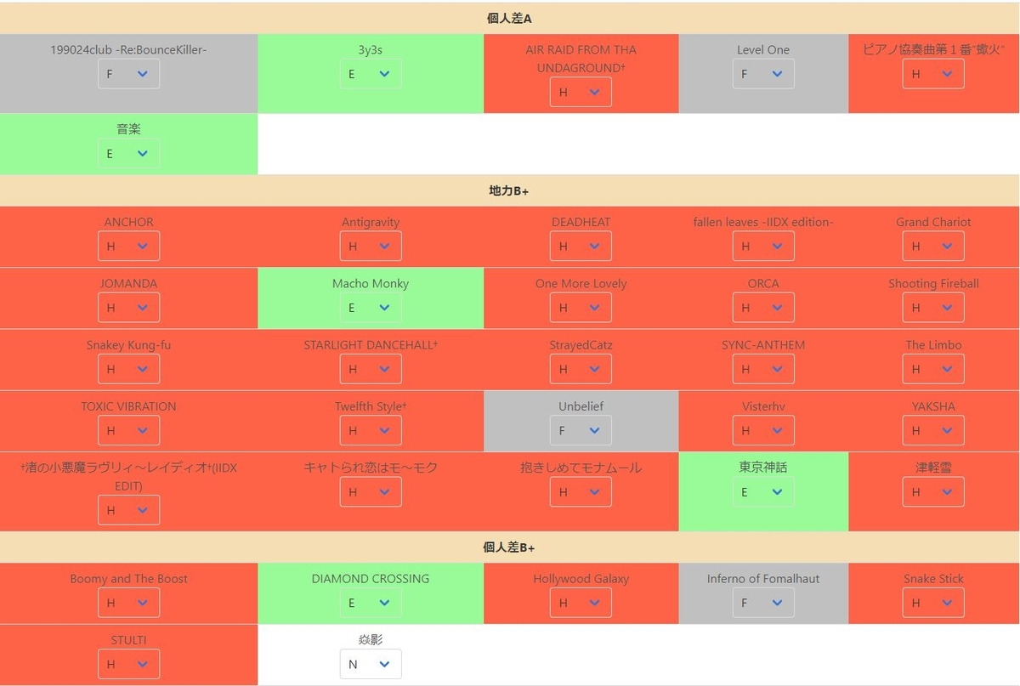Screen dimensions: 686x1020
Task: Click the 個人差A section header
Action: pos(509,18)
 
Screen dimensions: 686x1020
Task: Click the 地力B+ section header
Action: pos(509,190)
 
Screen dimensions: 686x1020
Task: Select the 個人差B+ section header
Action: pos(509,547)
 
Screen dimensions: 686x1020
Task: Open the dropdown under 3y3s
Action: pos(371,74)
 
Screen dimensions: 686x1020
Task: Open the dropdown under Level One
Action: pos(763,74)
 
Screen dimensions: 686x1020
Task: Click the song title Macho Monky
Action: pos(371,283)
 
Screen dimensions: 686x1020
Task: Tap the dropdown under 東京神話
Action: pos(763,491)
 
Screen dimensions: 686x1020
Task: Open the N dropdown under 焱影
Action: pos(371,664)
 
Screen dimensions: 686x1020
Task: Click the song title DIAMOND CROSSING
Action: pos(371,578)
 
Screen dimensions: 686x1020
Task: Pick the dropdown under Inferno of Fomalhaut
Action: pos(763,603)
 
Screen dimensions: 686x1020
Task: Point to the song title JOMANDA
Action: pos(129,283)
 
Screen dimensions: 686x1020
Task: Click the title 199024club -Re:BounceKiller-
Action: pos(129,49)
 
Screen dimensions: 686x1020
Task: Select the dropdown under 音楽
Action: pos(129,153)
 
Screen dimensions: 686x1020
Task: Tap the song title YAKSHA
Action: pos(933,406)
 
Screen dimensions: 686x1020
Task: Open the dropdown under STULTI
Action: pos(129,664)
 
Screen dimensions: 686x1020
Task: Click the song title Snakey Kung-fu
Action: pos(129,345)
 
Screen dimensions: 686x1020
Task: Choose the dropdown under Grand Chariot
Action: pos(933,247)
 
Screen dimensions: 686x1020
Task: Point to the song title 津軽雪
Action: pos(933,468)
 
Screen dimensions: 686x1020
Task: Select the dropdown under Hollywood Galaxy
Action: pos(581,603)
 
